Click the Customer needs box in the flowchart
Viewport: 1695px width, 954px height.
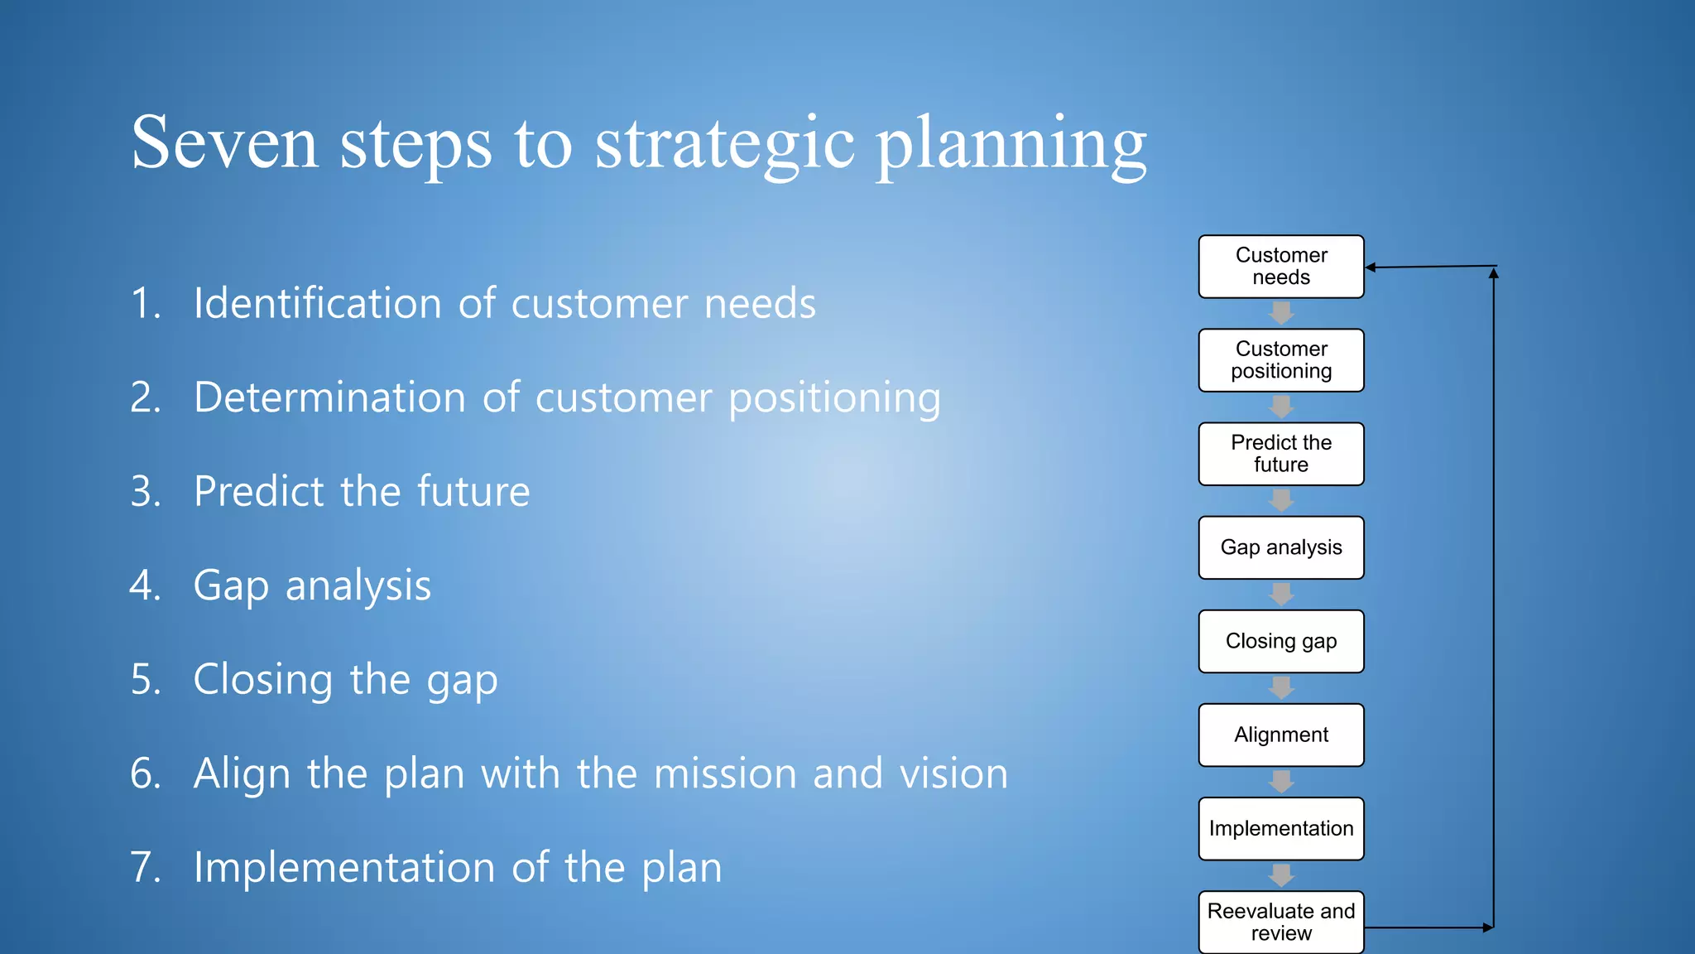click(x=1280, y=267)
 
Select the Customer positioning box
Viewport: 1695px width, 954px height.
click(x=1280, y=360)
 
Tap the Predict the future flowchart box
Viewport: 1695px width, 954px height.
click(x=1280, y=454)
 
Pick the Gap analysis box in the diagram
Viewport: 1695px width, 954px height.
click(x=1280, y=547)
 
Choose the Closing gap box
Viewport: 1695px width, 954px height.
click(x=1280, y=641)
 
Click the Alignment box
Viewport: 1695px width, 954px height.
click(x=1280, y=735)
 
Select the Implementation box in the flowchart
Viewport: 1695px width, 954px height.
click(x=1280, y=828)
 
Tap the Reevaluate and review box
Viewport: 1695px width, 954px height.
click(x=1280, y=922)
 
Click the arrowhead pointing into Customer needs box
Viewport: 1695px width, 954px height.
click(x=1371, y=267)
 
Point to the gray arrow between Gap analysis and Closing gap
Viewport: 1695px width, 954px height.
click(x=1281, y=594)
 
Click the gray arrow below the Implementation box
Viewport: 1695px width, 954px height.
click(x=1281, y=874)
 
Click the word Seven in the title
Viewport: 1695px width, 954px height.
click(x=223, y=143)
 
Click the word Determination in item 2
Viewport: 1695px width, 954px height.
click(x=329, y=397)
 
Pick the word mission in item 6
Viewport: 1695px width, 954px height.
click(x=724, y=773)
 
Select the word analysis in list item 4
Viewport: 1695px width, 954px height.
click(x=358, y=586)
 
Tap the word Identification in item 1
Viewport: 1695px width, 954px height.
click(x=318, y=303)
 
